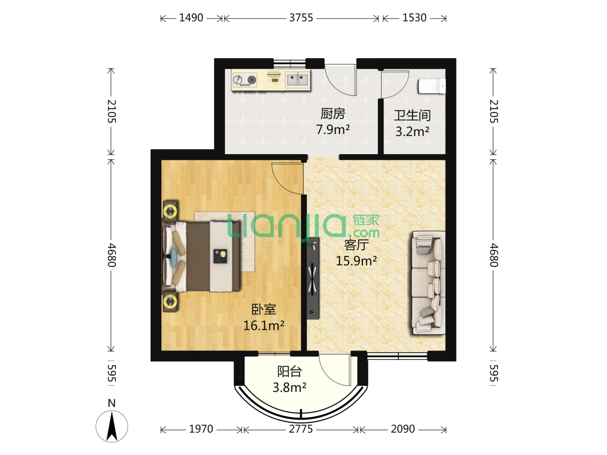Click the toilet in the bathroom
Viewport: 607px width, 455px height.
click(x=432, y=86)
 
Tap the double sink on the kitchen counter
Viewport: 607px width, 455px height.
click(x=297, y=80)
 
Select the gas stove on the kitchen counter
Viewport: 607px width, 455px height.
click(x=245, y=80)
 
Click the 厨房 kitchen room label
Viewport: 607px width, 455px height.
click(x=333, y=114)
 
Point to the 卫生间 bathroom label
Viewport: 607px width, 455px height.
click(x=412, y=115)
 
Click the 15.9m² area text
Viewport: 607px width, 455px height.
click(x=356, y=261)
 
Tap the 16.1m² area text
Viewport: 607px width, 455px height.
click(x=263, y=325)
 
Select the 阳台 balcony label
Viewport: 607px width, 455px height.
click(x=289, y=372)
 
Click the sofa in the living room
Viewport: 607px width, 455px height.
click(x=428, y=283)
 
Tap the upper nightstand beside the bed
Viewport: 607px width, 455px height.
click(x=170, y=211)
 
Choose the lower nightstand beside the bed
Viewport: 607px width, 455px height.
click(x=170, y=301)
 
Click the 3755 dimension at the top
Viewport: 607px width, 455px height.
click(x=301, y=18)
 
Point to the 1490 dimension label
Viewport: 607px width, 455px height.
click(x=191, y=18)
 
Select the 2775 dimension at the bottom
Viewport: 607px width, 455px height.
click(x=301, y=429)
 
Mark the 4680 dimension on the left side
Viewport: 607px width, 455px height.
click(x=111, y=255)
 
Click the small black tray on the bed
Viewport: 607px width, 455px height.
click(x=220, y=256)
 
